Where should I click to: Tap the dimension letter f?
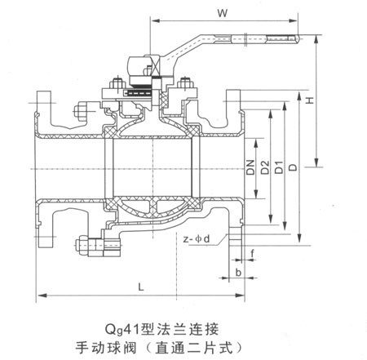tap(253, 252)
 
